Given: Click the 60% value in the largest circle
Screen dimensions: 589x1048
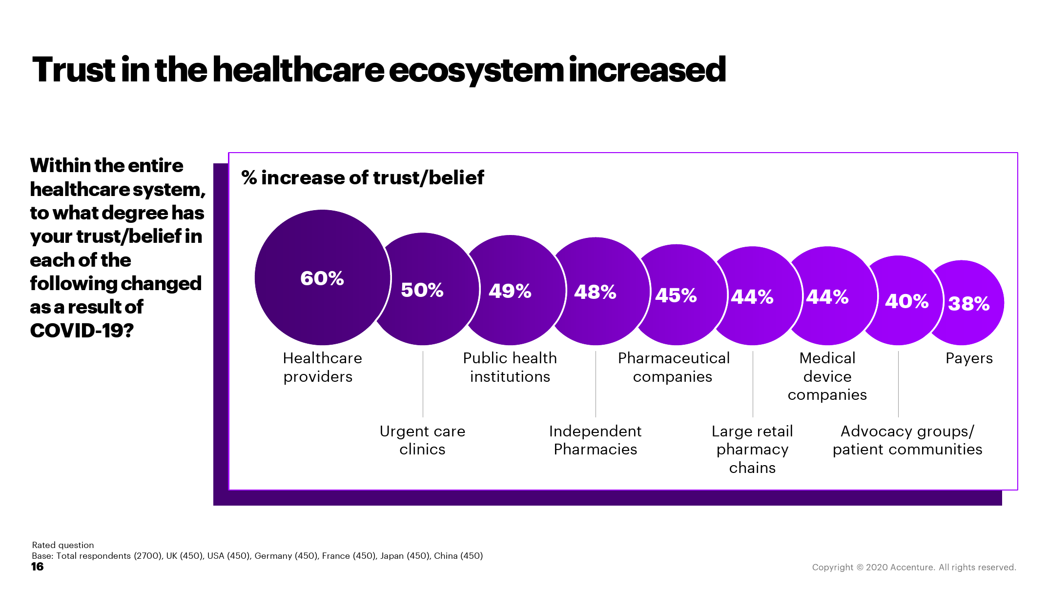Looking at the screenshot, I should (322, 278).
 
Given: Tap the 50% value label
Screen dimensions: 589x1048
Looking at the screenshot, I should (422, 290).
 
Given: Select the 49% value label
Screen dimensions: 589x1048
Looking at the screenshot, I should (510, 291).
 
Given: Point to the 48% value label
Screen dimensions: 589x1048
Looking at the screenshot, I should (595, 292).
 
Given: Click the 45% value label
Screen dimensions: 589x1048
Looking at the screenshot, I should (676, 295).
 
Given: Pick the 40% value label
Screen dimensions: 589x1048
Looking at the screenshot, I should (906, 301).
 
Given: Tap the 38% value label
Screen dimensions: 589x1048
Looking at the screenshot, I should (969, 304).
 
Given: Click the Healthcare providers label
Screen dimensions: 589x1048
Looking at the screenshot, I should (322, 367).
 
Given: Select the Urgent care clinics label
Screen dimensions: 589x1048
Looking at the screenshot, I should (422, 440).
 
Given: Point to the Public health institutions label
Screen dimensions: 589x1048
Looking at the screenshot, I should (510, 367).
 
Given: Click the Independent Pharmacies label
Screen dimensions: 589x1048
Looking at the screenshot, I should (596, 440).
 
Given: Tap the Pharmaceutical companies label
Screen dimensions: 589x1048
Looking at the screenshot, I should (674, 367).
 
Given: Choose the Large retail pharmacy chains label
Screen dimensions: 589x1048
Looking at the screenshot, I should (752, 449).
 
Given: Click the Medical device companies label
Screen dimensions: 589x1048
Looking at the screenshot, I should (827, 376).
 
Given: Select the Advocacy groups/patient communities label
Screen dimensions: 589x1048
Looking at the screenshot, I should (907, 440).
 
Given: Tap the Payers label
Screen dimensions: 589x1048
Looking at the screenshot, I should (969, 358).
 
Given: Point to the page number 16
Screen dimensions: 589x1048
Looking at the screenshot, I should (37, 567).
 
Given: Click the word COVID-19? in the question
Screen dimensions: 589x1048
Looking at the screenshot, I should (82, 331).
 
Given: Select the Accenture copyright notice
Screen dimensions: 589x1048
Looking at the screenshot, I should (914, 567).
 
